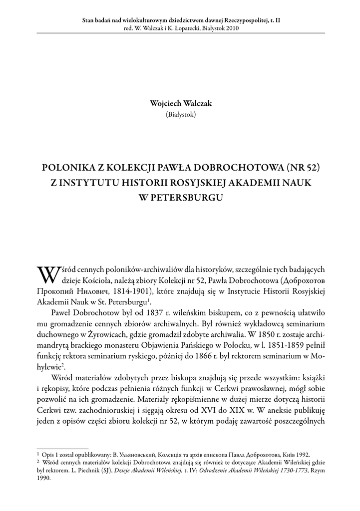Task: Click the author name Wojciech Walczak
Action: click(180, 103)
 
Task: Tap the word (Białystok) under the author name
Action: click(180, 114)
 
